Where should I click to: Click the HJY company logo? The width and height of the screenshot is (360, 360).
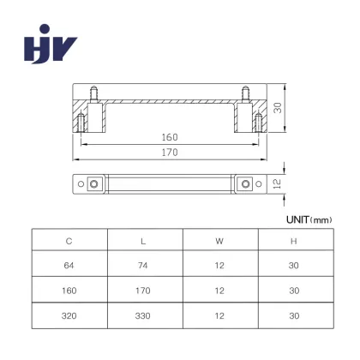pos(51,44)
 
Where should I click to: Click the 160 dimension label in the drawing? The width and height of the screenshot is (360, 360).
pos(170,137)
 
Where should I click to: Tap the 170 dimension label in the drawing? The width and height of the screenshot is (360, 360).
pos(170,153)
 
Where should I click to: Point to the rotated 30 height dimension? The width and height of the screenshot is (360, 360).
pos(278,108)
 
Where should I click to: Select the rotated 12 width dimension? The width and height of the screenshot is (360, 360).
pos(277,183)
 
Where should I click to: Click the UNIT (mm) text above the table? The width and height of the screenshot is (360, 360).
pos(309,219)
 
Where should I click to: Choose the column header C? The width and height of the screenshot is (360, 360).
pos(69,241)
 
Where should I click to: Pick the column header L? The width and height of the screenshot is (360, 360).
pos(143,242)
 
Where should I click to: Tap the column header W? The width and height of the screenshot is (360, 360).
pos(219,242)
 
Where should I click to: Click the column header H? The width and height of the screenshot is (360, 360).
pos(294,242)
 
